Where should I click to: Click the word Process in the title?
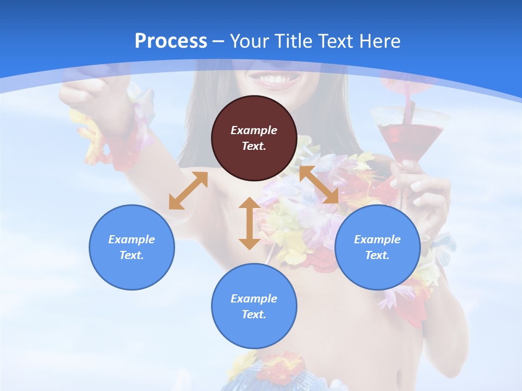pyautogui.click(x=171, y=41)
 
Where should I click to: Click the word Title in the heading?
pyautogui.click(x=292, y=41)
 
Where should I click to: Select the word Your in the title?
pyautogui.click(x=250, y=41)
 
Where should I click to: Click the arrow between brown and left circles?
pyautogui.click(x=188, y=191)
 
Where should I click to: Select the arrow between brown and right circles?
pyautogui.click(x=319, y=185)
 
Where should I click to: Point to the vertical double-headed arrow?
pyautogui.click(x=250, y=223)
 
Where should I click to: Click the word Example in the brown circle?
pyautogui.click(x=254, y=130)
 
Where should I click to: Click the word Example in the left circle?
pyautogui.click(x=132, y=239)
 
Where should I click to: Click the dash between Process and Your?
pyautogui.click(x=218, y=41)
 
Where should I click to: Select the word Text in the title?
pyautogui.click(x=334, y=41)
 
